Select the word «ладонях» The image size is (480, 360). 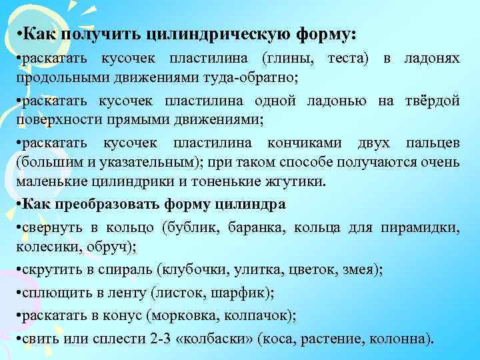click(x=431, y=60)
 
